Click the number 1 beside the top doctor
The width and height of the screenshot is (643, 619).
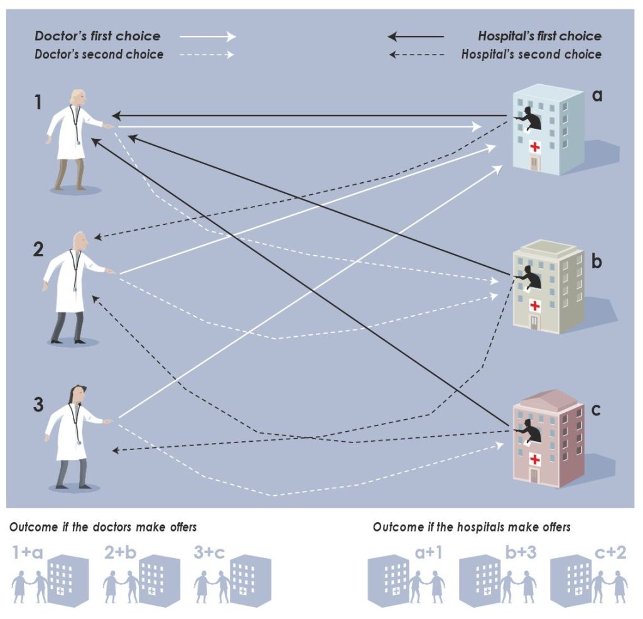pos(38,102)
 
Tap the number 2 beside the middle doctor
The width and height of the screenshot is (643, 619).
pos(38,250)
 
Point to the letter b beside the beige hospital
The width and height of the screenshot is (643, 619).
pos(597,261)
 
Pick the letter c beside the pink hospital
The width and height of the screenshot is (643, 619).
pos(597,410)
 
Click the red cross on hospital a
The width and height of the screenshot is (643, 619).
pos(535,147)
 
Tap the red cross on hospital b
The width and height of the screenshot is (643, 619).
pos(535,306)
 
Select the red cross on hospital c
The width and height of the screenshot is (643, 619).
pos(535,459)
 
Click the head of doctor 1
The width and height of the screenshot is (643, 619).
pos(78,98)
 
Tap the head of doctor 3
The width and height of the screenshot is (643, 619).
pos(76,396)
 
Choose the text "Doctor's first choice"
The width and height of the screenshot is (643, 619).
pos(97,36)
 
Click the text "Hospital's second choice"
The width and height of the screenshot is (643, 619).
pos(531,54)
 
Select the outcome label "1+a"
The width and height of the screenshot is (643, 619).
pos(27,554)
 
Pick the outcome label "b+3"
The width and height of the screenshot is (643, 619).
pos(519,554)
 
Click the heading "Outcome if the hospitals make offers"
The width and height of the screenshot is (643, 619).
pos(472,527)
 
